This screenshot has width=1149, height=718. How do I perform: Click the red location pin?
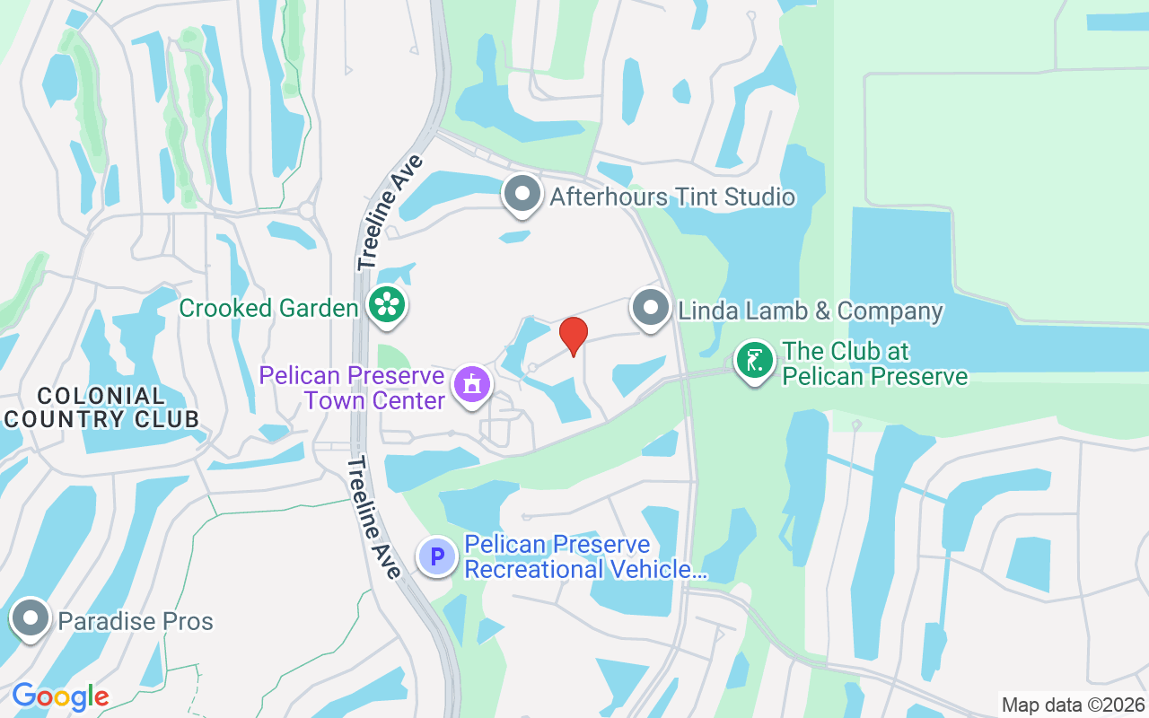pos(574,336)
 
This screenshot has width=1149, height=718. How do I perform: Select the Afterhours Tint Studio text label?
pos(672,197)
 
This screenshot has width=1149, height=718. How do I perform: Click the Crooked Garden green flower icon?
pos(387,305)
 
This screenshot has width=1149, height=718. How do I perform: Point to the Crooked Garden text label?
pos(269,309)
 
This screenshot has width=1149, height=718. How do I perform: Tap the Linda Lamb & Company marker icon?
pos(651,308)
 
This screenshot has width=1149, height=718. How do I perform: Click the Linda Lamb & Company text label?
pos(811,311)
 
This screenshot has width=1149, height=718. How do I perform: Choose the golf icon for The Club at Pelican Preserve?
pos(755,361)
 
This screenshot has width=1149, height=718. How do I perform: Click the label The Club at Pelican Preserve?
pos(874,363)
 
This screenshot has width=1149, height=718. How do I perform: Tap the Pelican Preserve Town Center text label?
pos(352,387)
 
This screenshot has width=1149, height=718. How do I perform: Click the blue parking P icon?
pos(437,557)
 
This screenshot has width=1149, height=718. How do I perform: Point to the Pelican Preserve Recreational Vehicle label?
pos(585,557)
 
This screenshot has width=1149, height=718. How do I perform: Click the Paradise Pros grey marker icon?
pos(31,619)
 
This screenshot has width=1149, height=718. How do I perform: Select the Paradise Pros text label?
pos(136,621)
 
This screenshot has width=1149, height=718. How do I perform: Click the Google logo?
pos(60,696)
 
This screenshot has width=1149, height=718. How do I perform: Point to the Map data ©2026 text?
pos(1073,705)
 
